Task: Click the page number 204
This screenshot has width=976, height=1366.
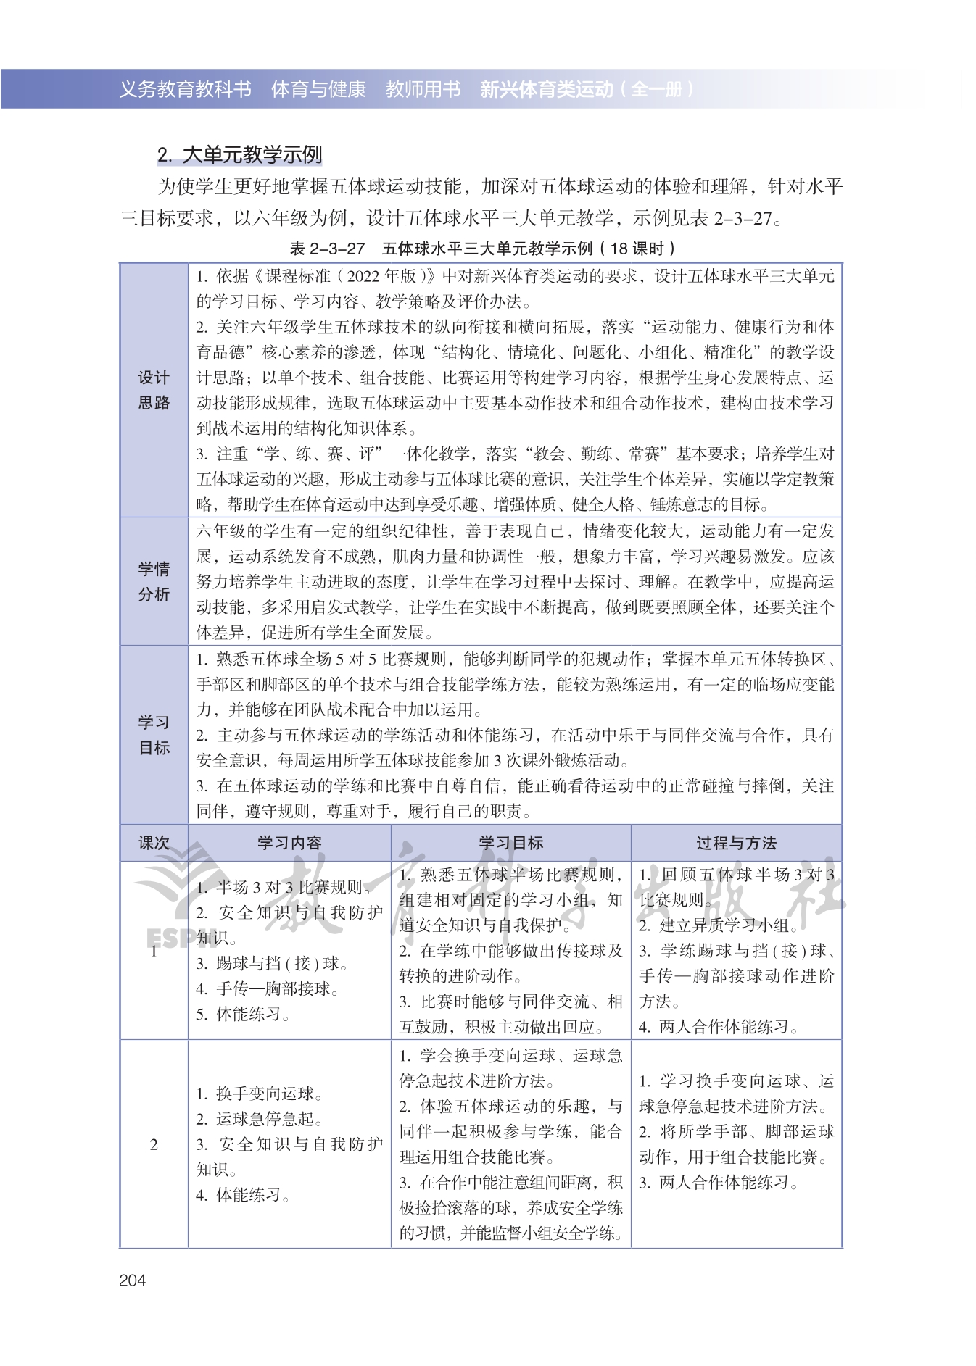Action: pyautogui.click(x=132, y=1280)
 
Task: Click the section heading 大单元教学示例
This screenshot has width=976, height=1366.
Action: pyautogui.click(x=239, y=155)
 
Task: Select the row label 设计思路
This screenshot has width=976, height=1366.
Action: pyautogui.click(x=153, y=390)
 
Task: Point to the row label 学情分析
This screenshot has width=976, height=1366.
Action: pyautogui.click(x=153, y=581)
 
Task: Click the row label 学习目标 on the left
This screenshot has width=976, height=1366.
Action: pyautogui.click(x=153, y=735)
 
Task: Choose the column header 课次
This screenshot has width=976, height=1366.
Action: pyautogui.click(x=153, y=843)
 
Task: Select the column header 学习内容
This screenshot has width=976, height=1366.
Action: pyautogui.click(x=289, y=843)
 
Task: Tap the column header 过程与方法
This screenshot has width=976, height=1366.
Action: pyautogui.click(x=736, y=843)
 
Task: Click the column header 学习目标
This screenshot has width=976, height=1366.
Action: pyautogui.click(x=510, y=843)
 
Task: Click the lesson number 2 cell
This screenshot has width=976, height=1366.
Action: pyautogui.click(x=153, y=1145)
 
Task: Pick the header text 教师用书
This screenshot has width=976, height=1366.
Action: pyautogui.click(x=423, y=89)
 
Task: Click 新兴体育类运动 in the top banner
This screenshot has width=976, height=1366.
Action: pyautogui.click(x=546, y=89)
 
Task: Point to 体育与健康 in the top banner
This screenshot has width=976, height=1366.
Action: pyautogui.click(x=318, y=89)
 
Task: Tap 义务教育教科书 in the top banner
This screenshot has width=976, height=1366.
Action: pyautogui.click(x=185, y=89)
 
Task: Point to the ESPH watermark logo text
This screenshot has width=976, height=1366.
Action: pyautogui.click(x=168, y=938)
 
